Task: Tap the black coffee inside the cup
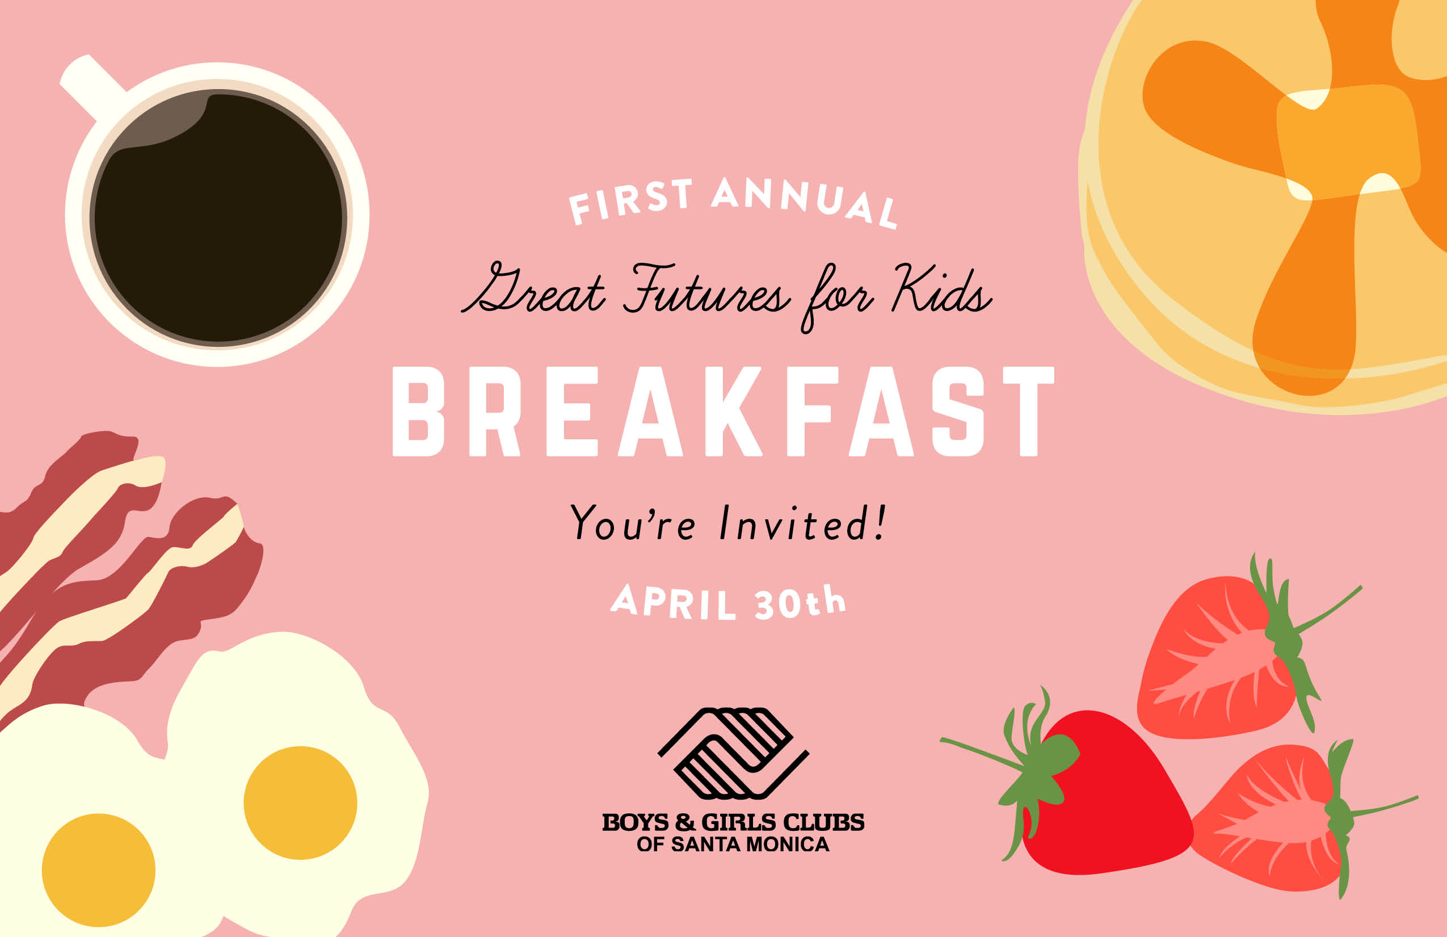point(218,217)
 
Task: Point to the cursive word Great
point(533,289)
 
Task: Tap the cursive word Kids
point(941,289)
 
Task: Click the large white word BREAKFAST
point(724,411)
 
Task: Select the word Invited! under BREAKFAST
point(802,522)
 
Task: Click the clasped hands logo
point(733,753)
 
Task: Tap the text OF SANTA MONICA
point(733,844)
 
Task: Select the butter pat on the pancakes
point(1348,143)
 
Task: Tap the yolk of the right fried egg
point(300,802)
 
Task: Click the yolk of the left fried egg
point(99,870)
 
